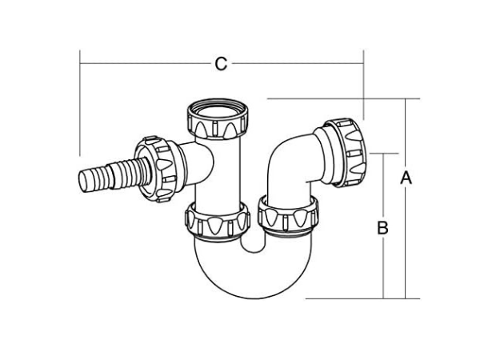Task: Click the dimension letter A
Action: (x=406, y=178)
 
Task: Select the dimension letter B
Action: (x=383, y=227)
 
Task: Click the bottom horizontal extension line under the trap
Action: (x=360, y=298)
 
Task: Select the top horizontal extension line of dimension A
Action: (x=344, y=99)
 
